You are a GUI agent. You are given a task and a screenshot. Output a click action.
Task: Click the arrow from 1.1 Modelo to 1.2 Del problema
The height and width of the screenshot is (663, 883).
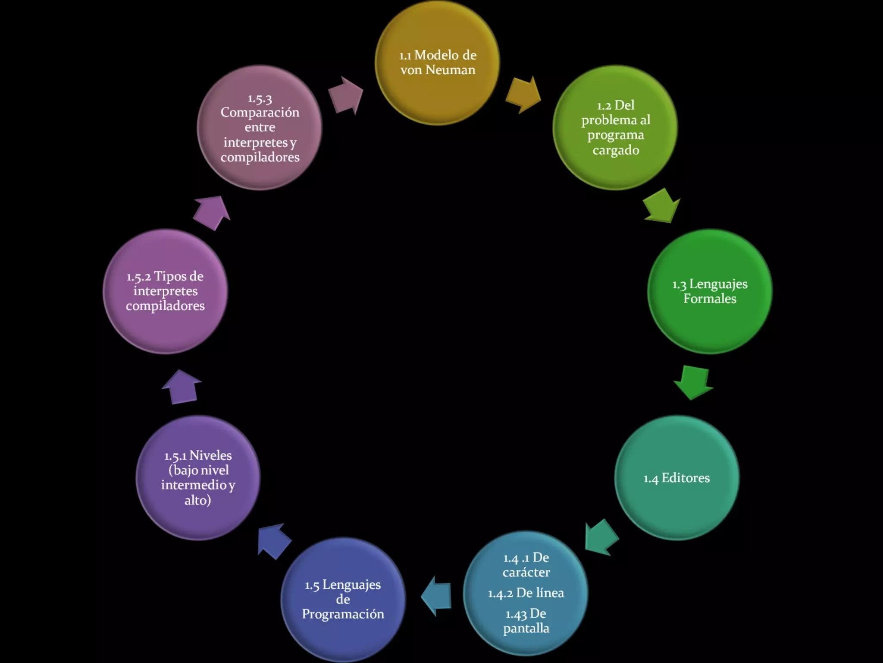(523, 95)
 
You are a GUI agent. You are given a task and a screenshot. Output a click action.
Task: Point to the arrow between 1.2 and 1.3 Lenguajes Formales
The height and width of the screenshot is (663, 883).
(661, 205)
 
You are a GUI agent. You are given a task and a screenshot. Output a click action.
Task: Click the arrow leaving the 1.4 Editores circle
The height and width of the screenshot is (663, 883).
(601, 537)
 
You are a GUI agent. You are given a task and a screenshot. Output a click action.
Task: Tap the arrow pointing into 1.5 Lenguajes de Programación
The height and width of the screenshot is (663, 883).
(436, 596)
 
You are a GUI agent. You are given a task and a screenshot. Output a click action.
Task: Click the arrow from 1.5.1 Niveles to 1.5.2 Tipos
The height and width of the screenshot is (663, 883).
(182, 387)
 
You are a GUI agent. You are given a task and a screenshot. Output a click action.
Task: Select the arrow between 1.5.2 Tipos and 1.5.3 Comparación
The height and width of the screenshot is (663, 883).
(212, 212)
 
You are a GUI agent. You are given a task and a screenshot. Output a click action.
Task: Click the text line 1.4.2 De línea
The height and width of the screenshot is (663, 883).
(526, 593)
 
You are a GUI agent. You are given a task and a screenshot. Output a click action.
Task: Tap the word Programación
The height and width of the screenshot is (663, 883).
(343, 614)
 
